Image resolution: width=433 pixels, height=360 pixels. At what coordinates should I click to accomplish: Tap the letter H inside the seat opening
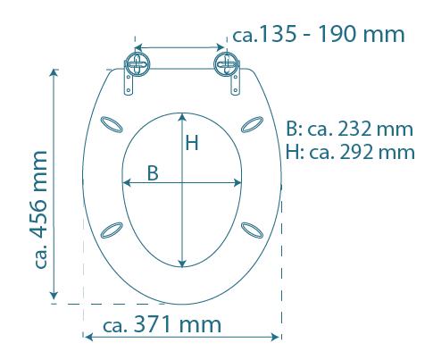click(191, 143)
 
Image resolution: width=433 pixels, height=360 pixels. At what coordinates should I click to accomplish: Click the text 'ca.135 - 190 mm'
click(317, 35)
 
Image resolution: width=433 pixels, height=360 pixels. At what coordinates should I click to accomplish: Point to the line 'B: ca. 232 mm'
click(350, 130)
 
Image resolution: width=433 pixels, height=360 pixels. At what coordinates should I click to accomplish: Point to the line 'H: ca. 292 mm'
click(350, 151)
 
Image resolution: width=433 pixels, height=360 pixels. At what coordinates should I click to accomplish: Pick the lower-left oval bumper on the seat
click(113, 230)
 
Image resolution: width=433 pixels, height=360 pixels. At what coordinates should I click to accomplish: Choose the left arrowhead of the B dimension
click(124, 182)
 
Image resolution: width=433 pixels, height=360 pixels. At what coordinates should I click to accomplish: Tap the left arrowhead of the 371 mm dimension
click(87, 337)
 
